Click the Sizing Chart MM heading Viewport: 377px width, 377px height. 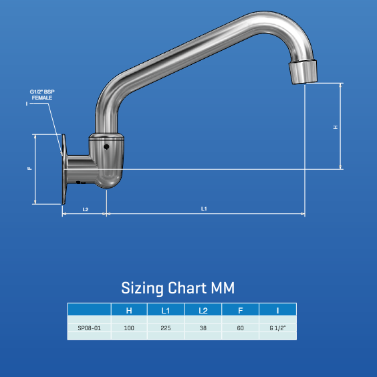178,288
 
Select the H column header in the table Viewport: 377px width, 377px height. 129,310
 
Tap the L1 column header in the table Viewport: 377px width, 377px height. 166,310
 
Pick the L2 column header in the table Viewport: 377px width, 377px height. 203,310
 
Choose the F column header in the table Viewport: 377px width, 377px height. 240,310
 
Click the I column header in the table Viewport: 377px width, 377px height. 277,310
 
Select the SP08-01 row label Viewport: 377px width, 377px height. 89,328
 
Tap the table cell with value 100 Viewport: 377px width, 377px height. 129,328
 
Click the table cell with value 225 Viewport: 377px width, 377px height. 166,328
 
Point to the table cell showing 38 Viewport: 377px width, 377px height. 203,328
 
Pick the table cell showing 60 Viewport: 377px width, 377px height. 240,328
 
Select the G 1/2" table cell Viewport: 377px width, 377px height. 277,328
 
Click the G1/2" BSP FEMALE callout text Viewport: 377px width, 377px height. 41,94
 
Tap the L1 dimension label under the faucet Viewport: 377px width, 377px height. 204,209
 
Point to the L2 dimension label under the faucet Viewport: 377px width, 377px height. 85,209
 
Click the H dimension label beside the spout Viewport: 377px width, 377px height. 336,127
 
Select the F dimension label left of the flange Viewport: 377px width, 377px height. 29,169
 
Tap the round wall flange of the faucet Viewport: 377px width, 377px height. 65,169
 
